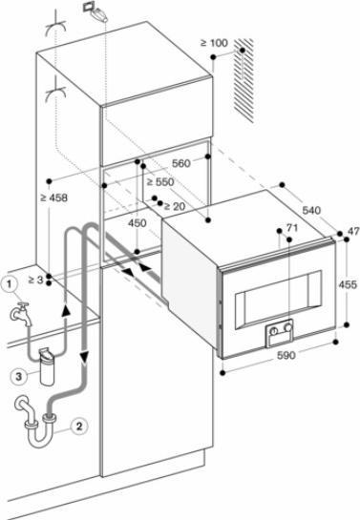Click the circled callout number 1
(x=10, y=284)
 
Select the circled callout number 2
(x=78, y=426)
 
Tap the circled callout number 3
(x=19, y=376)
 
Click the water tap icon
(x=21, y=313)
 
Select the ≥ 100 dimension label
(x=214, y=43)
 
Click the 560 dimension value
(x=181, y=163)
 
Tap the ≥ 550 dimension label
(x=160, y=181)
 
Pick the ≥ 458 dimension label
(x=53, y=198)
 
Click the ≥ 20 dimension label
(x=175, y=207)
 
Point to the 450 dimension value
(x=138, y=223)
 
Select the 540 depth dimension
(x=311, y=210)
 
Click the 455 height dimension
(x=348, y=284)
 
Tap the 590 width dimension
(x=286, y=355)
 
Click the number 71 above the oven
(x=292, y=228)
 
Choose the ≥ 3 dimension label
(x=36, y=280)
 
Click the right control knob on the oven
(x=288, y=327)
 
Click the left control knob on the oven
(x=274, y=331)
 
